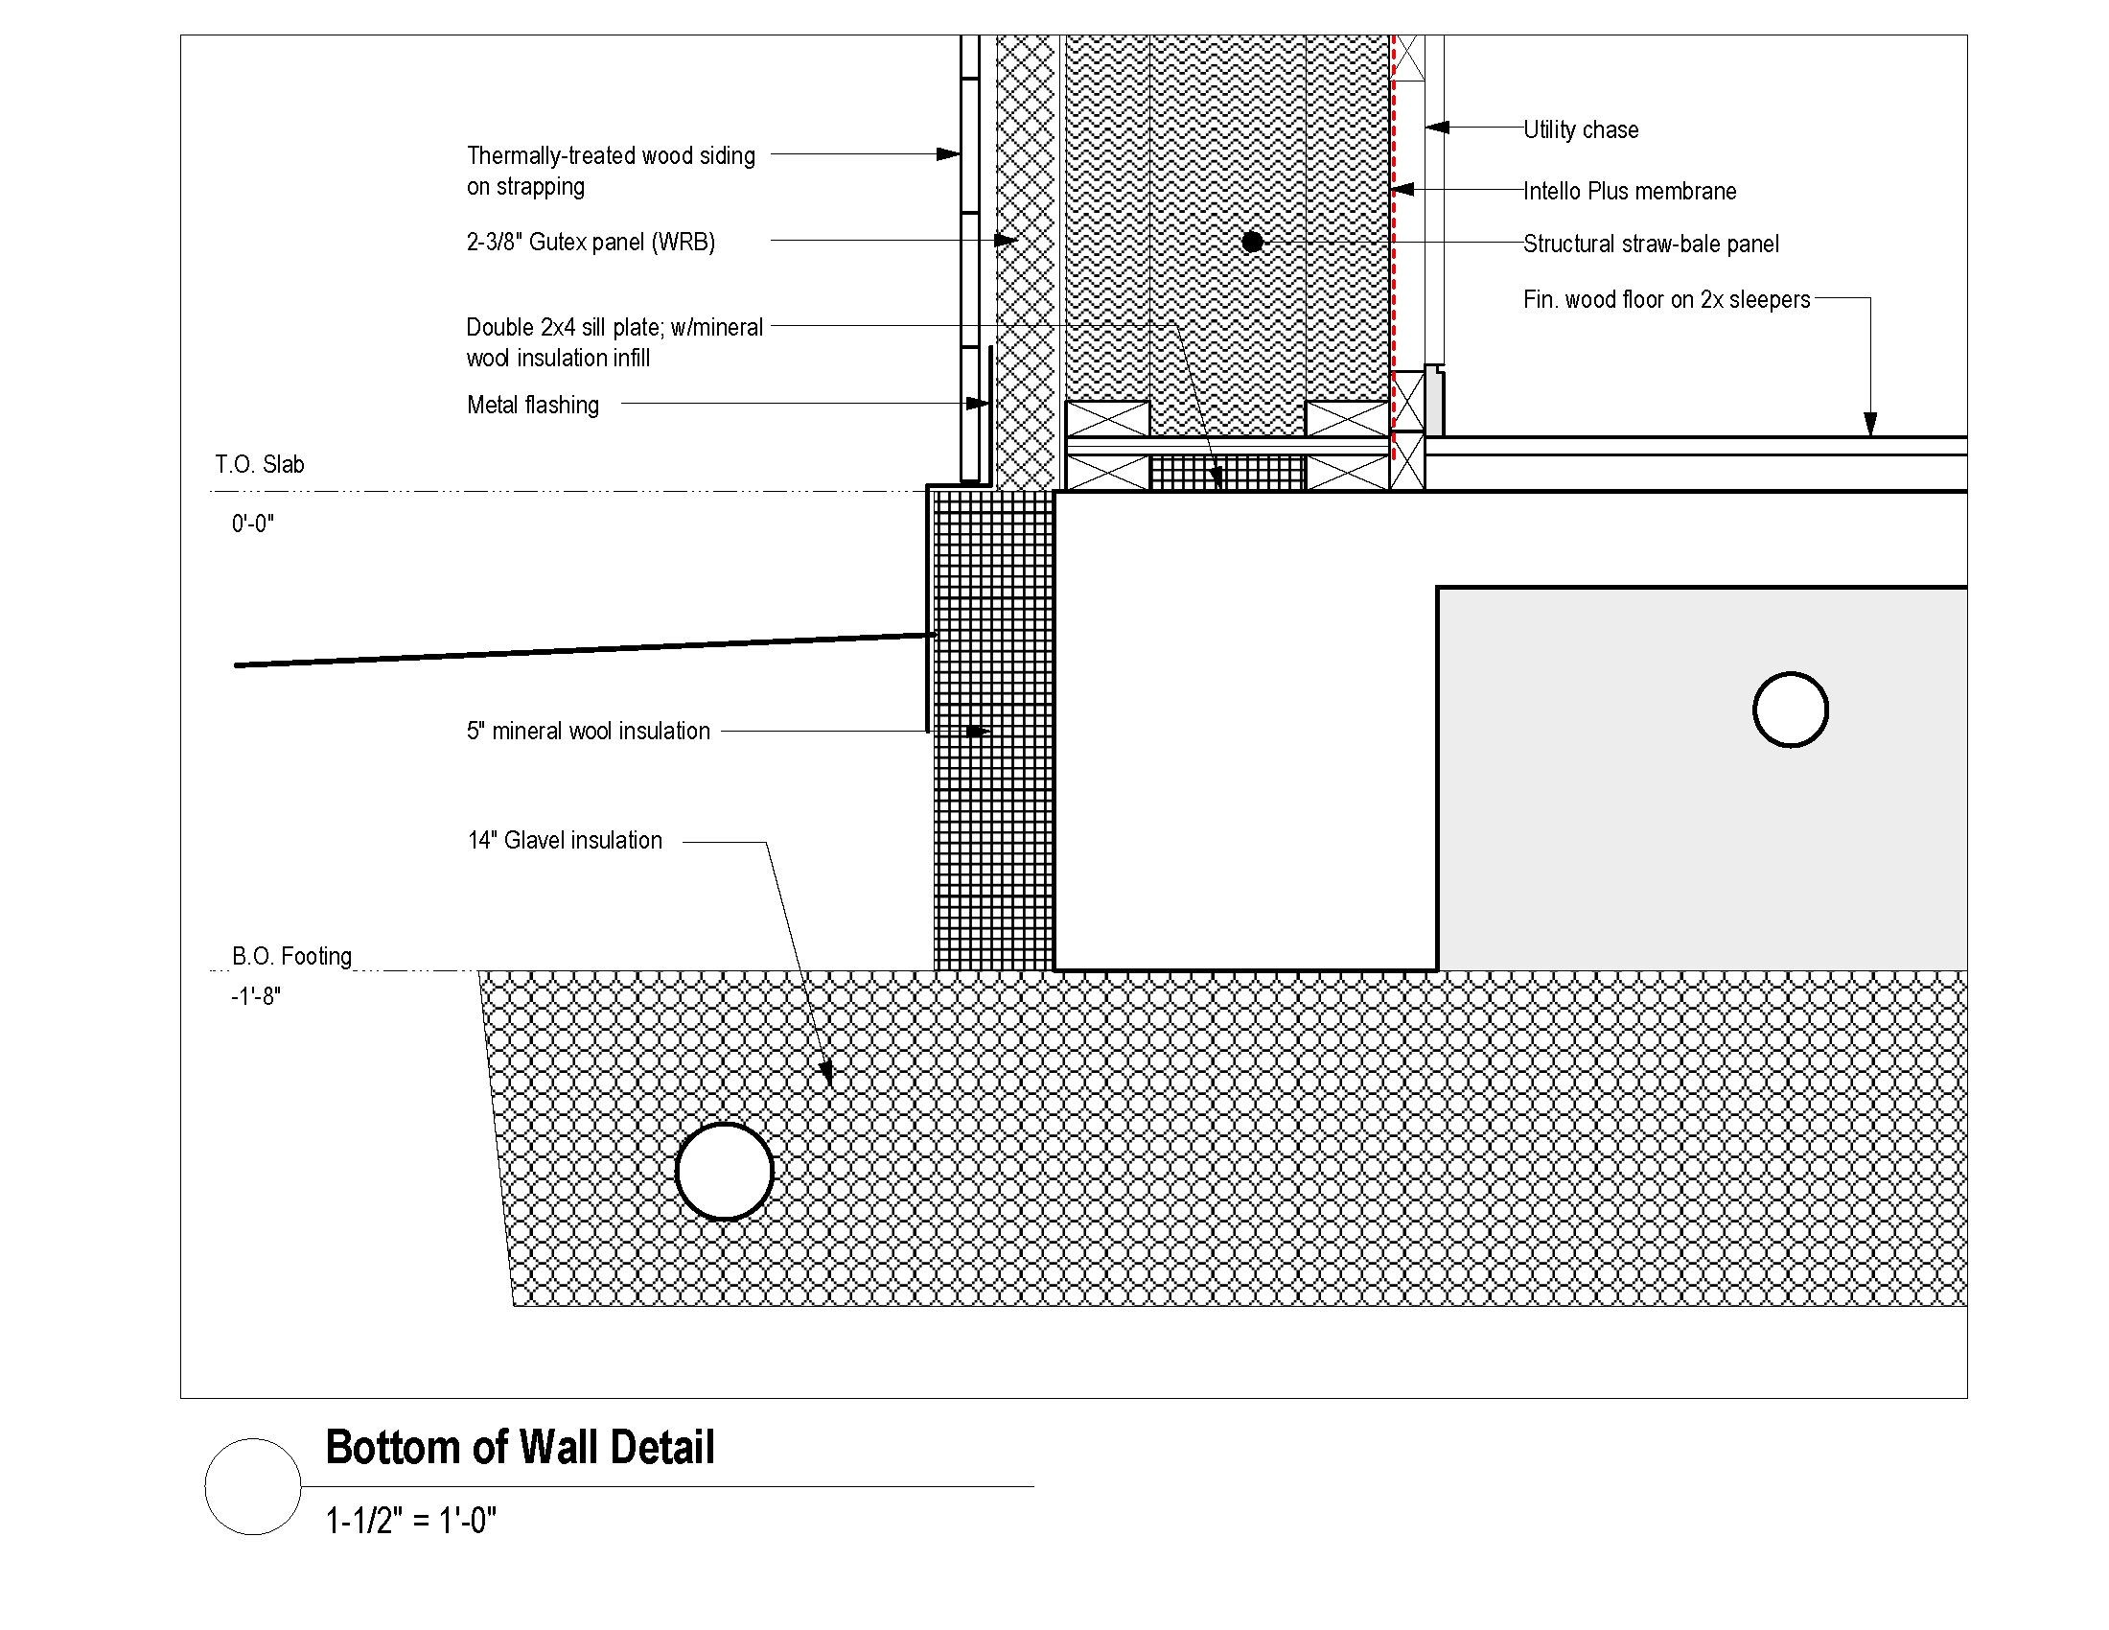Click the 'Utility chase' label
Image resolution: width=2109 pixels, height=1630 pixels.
(x=1581, y=129)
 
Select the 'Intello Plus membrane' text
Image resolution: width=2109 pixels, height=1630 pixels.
(x=1630, y=191)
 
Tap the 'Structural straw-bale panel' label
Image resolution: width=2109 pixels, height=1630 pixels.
(x=1652, y=244)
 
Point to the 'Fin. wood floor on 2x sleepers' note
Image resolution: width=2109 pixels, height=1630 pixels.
(x=1667, y=299)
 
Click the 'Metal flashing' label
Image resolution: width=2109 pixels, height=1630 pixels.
(x=533, y=405)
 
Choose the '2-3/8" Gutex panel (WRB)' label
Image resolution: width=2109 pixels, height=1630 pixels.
(x=591, y=242)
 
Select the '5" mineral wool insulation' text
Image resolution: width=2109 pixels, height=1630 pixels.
(x=588, y=731)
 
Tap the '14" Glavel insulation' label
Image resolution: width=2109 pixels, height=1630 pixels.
(x=565, y=840)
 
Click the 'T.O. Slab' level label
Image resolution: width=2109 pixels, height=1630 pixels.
(x=260, y=464)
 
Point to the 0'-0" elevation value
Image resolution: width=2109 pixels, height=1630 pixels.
(x=253, y=524)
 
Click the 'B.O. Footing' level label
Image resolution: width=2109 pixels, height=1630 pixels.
(x=291, y=956)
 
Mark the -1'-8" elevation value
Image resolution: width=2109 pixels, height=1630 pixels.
(x=256, y=995)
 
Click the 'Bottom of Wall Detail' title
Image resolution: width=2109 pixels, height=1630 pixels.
(x=521, y=1448)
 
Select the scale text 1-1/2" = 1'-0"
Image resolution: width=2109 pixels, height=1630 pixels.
(x=411, y=1521)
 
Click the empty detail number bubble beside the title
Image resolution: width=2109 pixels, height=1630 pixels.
(x=253, y=1439)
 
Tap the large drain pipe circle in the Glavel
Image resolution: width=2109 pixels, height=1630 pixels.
(x=724, y=1124)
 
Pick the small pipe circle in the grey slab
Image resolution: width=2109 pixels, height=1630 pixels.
(x=1791, y=673)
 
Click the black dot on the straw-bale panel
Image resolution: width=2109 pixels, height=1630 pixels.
(x=1253, y=243)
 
